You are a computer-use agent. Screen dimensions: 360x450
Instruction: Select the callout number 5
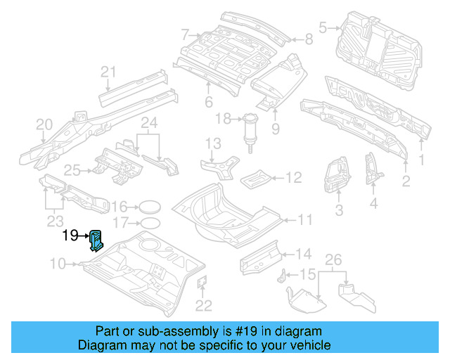[323, 28]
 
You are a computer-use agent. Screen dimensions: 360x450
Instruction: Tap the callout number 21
[108, 71]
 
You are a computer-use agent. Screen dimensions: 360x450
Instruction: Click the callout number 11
[304, 220]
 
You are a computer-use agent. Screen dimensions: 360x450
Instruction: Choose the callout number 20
[44, 124]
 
